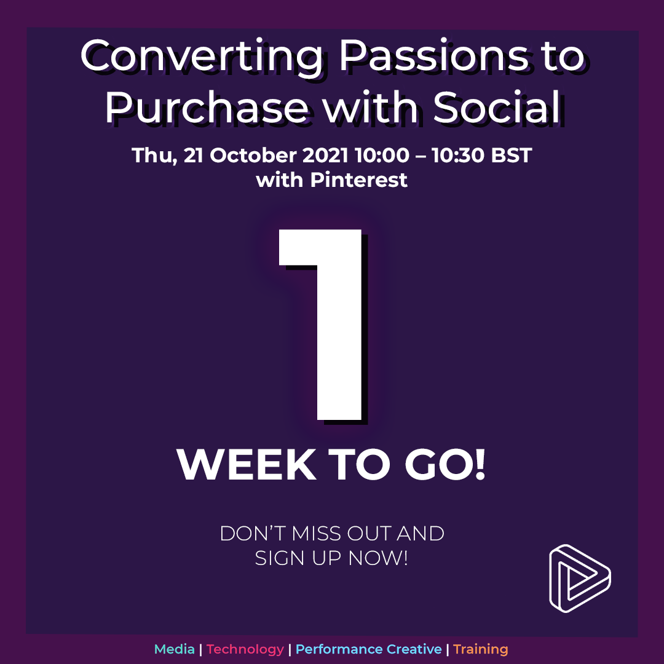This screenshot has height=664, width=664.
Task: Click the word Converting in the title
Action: [x=202, y=58]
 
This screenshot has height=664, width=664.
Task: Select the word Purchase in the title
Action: [x=206, y=109]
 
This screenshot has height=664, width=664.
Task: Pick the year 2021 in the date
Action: [x=325, y=155]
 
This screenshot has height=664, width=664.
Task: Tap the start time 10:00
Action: [x=382, y=155]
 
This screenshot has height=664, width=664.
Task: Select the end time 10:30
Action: [x=458, y=155]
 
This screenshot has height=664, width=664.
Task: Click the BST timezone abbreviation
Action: [x=512, y=155]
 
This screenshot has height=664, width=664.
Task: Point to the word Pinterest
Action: [x=358, y=180]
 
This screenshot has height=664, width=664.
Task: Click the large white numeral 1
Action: [x=320, y=325]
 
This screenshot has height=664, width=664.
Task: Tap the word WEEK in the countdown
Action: [x=247, y=464]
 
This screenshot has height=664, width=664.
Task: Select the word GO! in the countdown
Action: [x=445, y=464]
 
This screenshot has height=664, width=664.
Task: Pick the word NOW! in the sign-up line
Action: [x=378, y=558]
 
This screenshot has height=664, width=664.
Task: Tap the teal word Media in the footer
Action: [x=175, y=649]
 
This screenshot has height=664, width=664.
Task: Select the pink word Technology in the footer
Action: [x=245, y=650]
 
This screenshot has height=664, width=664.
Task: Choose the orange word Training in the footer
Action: [x=481, y=650]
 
